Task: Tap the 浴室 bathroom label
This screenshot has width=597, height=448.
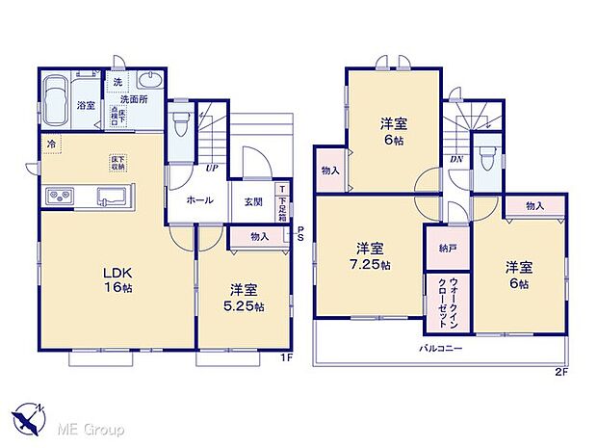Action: click(85, 105)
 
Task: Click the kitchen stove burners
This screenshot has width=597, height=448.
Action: click(58, 198)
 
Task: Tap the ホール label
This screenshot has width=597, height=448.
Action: click(199, 201)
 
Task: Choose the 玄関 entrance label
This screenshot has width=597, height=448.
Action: click(252, 201)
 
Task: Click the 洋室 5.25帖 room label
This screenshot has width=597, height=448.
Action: click(246, 297)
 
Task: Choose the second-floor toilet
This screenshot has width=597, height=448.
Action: click(487, 160)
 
